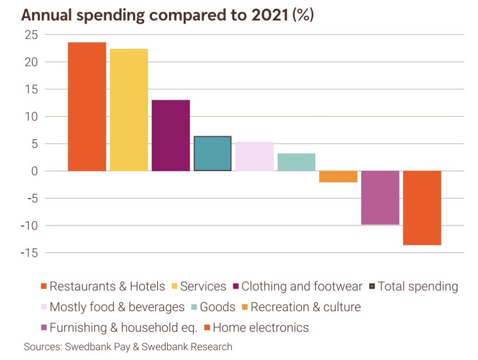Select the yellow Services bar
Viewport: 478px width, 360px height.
click(129, 110)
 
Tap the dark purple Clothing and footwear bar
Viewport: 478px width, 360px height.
click(171, 135)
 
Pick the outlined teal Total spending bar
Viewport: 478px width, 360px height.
click(212, 153)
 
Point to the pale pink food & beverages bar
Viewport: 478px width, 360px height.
click(254, 156)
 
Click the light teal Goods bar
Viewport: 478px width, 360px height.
click(296, 162)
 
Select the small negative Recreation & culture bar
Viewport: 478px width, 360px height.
click(338, 176)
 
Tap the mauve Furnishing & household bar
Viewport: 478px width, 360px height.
click(380, 198)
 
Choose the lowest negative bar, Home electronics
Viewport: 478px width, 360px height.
click(422, 208)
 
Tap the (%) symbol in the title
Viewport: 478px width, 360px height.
click(303, 15)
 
